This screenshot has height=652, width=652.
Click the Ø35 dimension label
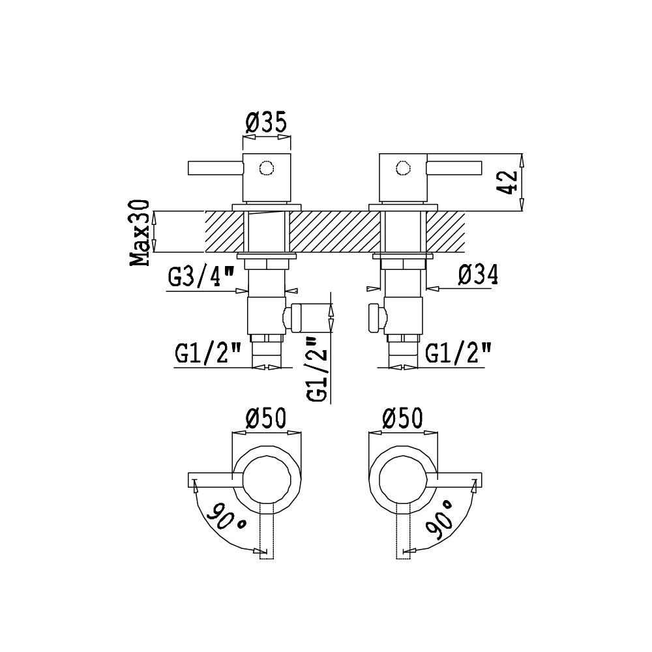266,123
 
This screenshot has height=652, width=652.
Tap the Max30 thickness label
140,233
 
